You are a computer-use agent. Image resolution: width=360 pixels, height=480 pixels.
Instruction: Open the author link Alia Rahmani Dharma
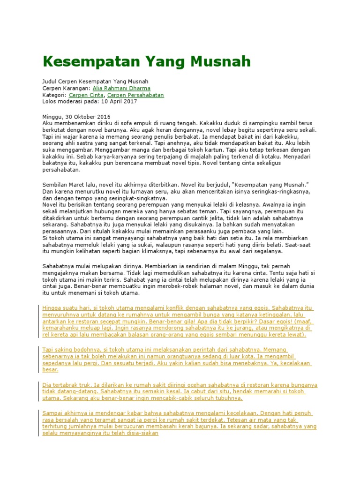[121, 88]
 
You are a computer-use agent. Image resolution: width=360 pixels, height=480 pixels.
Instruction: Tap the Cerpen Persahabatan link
[135, 95]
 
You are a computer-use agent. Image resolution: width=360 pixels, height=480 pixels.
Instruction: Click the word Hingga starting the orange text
[52, 308]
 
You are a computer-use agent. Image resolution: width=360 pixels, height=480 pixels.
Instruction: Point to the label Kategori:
[54, 95]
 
